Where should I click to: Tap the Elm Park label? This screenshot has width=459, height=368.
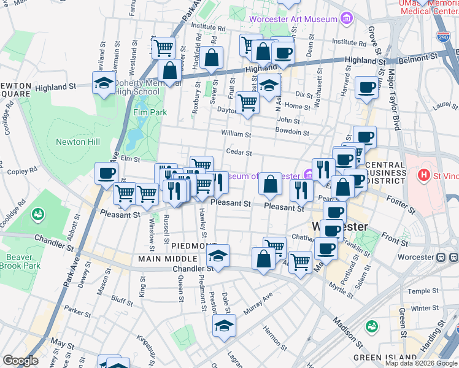tap(150, 113)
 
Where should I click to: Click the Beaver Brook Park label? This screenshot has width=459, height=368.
tap(20, 261)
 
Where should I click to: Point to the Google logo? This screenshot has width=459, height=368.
tap(20, 361)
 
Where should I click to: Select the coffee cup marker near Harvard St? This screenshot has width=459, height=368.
tap(366, 87)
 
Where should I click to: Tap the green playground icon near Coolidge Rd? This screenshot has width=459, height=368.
tap(37, 214)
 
